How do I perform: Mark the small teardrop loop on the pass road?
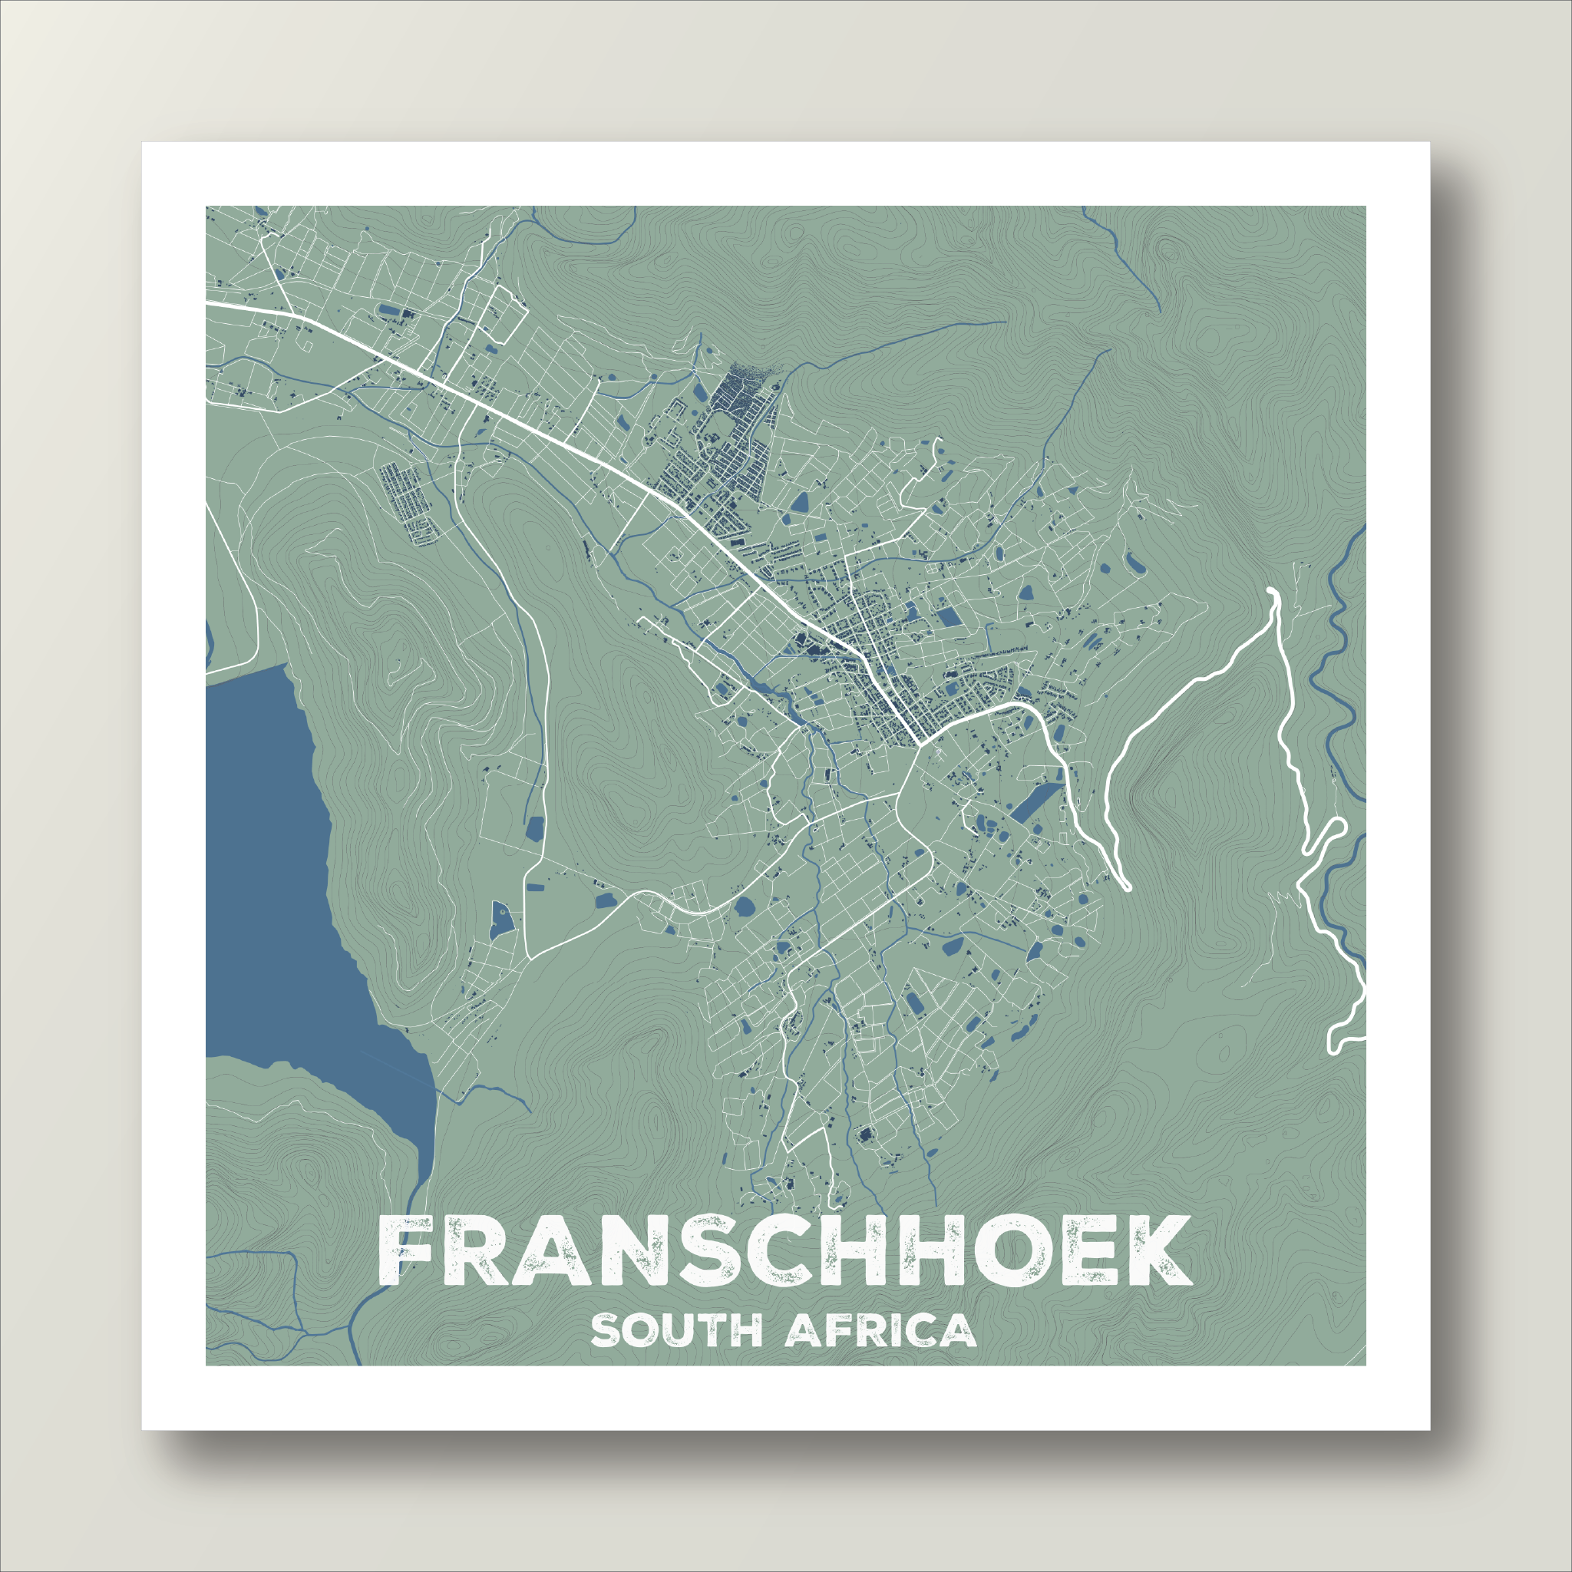point(1331,830)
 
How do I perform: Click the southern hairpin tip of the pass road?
point(1125,884)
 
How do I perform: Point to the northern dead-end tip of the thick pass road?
point(1273,592)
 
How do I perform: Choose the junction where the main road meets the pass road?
point(920,742)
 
